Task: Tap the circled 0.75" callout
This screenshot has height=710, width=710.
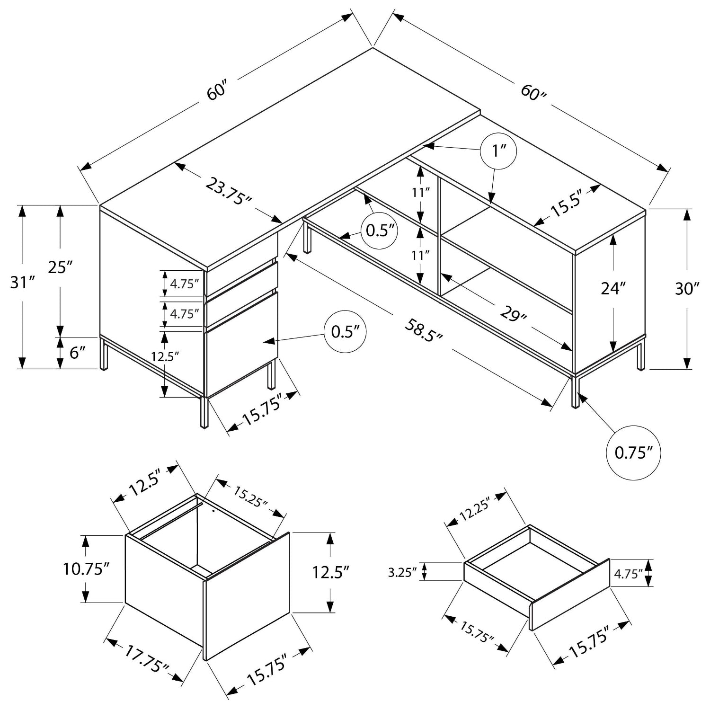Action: pos(630,453)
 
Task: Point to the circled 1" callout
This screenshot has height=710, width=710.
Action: pos(498,151)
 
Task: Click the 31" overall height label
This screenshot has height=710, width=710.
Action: pos(23,283)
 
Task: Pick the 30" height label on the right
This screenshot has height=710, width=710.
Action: pos(687,288)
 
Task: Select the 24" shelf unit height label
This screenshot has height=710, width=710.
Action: pos(613,288)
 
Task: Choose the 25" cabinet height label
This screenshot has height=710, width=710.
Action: pos(60,267)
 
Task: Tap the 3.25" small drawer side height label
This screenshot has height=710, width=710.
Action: pos(402,572)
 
